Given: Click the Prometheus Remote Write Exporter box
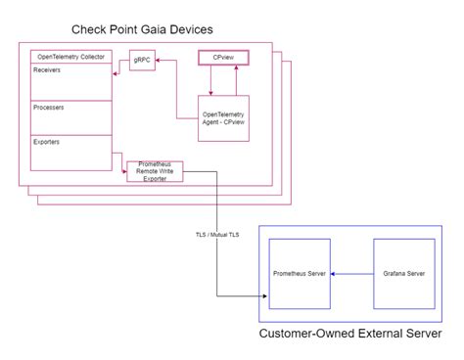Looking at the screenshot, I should pos(155,171).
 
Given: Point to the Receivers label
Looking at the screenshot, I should pos(47,70).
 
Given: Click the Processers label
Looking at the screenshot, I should pos(49,106).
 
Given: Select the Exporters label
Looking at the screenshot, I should pos(47,142).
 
